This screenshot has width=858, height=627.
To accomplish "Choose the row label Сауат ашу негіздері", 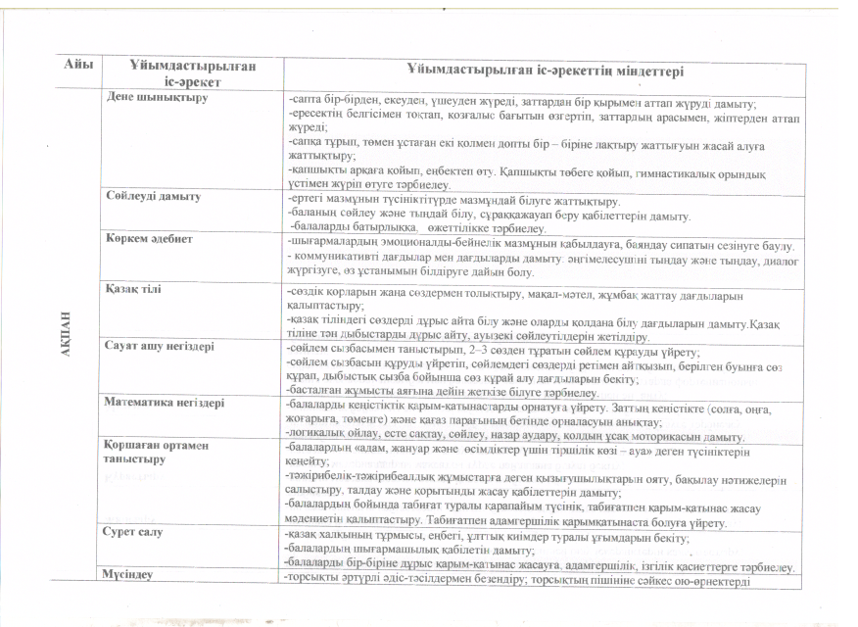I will (161, 346).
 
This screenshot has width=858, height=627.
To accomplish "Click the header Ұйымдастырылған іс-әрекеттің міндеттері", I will (545, 72).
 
